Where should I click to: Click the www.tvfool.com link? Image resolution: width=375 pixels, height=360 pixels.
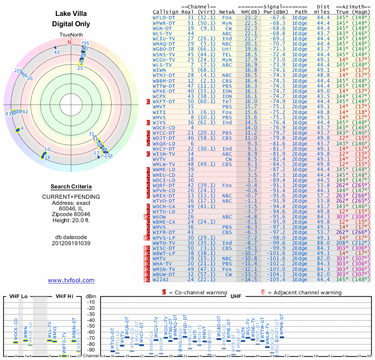71,280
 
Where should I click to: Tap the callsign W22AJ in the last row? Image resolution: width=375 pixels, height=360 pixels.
162,280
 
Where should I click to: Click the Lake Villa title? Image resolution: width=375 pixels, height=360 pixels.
71,14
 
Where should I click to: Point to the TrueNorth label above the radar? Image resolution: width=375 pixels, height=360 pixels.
71,35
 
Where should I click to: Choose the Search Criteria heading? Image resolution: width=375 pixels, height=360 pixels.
71,187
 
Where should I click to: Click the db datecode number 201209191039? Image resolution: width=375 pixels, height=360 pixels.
71,243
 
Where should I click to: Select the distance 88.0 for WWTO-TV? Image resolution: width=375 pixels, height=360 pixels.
322,243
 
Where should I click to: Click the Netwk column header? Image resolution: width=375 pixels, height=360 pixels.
227,11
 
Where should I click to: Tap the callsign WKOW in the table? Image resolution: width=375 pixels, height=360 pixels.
159,217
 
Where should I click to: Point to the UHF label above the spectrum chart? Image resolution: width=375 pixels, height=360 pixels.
235,296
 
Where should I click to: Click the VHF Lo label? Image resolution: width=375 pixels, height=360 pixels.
18,296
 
